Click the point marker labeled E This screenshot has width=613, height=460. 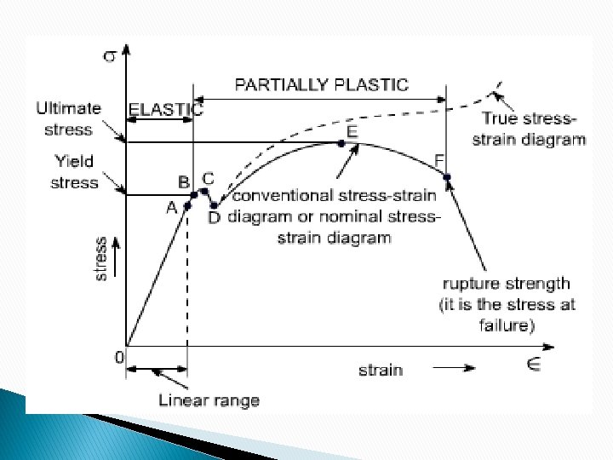point(341,143)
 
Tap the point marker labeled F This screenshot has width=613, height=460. point(447,176)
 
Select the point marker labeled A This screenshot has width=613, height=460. point(187,205)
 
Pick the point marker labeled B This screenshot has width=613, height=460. point(194,195)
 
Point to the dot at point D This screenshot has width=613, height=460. point(214,205)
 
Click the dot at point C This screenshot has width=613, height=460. point(204,192)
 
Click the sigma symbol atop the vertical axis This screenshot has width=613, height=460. point(111,57)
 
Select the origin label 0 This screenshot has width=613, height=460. point(120,357)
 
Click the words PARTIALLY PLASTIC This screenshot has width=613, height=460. point(321,84)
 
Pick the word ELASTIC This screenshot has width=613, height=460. point(165,109)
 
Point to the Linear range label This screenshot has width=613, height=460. point(209,400)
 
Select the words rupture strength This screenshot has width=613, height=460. point(507,284)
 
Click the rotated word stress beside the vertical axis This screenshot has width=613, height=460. point(100,258)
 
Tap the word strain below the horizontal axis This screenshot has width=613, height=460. point(380,370)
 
